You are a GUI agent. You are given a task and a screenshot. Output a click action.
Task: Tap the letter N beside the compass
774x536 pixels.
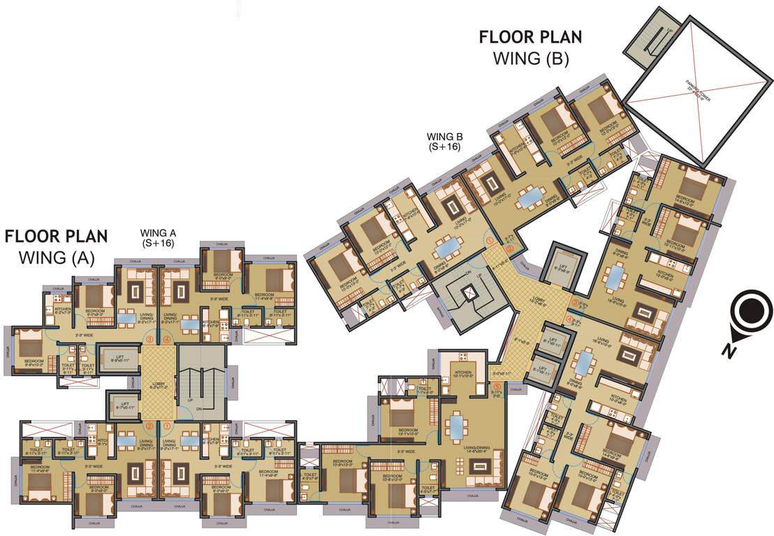pos(729,351)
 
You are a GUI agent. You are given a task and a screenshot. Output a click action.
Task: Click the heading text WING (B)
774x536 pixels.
pos(530,59)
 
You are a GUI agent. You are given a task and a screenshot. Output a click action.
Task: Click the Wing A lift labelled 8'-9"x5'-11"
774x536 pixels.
pos(122,357)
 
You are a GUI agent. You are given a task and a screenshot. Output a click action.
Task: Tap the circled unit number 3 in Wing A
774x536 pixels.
pos(149,340)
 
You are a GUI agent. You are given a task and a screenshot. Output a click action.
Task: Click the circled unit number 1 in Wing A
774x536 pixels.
pos(167,425)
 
